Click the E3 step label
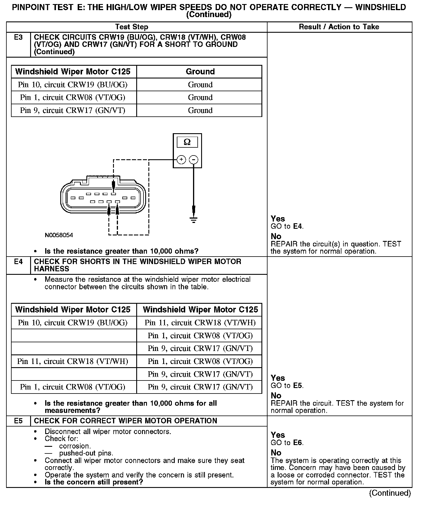pos(18,37)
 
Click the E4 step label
pos(18,262)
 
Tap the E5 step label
pos(18,421)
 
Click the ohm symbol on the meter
pos(187,142)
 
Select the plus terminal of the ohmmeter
pos(181,160)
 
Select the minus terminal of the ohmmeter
pos(194,160)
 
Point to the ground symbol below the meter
pos(194,220)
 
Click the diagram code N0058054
pos(59,235)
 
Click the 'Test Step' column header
pos(132,27)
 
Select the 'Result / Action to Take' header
pos(339,27)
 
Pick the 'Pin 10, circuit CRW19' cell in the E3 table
pos(73,85)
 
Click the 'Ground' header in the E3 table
pos(200,72)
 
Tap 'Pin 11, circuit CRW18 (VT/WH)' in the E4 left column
pos(73,361)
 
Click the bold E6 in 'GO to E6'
pos(298,443)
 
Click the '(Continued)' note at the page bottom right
pos(390,493)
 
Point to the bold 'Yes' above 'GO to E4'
pos(278,219)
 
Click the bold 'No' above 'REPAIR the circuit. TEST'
pos(276,396)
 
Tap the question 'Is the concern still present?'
pos(94,482)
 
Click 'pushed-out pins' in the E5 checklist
pos(86,453)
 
